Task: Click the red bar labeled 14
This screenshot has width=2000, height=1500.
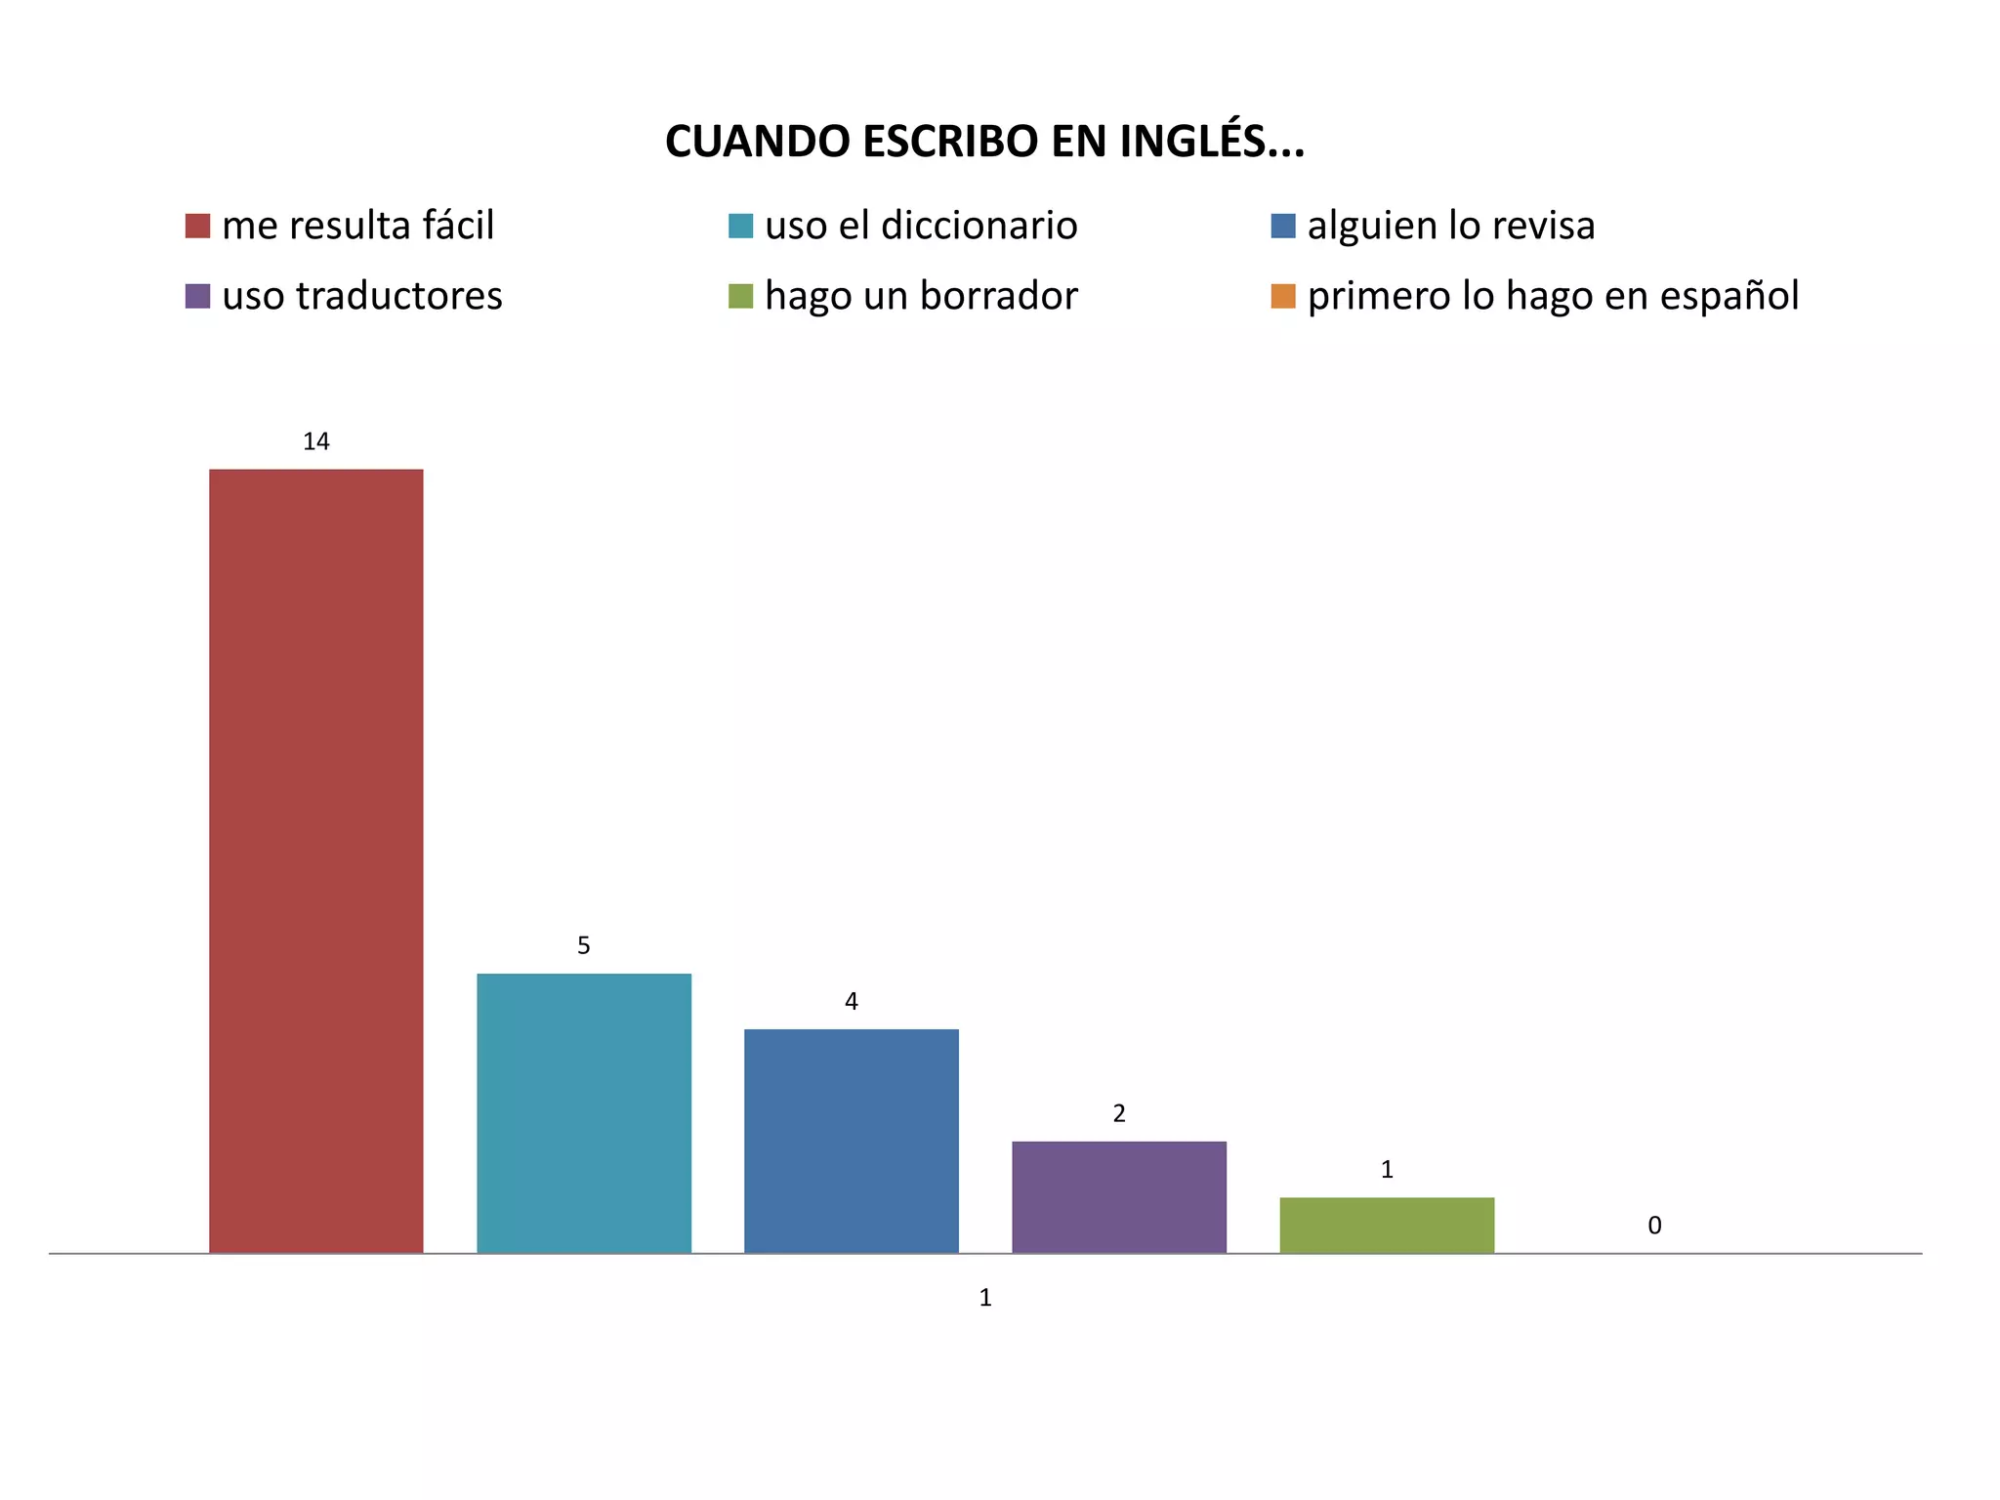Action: click(315, 859)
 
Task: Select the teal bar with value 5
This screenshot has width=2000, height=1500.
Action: click(583, 1112)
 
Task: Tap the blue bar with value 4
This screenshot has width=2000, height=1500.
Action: click(851, 1140)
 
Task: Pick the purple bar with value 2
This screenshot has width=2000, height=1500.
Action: click(1118, 1196)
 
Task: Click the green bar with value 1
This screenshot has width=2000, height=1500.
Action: click(1386, 1225)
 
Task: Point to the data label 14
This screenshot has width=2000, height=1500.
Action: click(315, 441)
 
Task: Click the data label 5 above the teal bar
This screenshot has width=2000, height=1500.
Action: click(583, 945)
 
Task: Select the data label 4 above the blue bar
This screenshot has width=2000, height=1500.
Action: click(851, 1001)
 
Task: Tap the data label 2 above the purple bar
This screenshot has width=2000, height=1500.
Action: click(1118, 1113)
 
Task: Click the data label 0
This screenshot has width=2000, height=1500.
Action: click(1653, 1225)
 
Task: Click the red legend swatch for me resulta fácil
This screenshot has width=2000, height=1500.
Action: click(197, 226)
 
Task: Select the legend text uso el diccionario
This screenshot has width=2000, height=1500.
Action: click(920, 226)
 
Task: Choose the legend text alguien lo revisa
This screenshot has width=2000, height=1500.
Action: click(1450, 226)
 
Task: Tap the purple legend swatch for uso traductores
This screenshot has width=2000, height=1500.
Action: click(197, 296)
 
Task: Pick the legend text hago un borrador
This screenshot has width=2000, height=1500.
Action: click(920, 296)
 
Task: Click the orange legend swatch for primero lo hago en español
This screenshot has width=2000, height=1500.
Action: click(1282, 296)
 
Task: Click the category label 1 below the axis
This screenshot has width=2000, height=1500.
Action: click(984, 1297)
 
